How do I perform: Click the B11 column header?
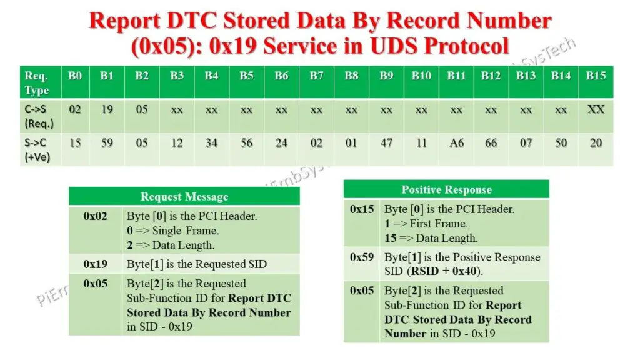[456, 76]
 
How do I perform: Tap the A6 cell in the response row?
[456, 143]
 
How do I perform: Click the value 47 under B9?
[386, 143]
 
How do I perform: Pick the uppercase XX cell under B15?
[596, 109]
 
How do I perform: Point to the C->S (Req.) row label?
[37, 116]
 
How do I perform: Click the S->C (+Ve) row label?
[37, 149]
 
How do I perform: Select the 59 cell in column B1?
[107, 143]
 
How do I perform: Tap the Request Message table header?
[184, 197]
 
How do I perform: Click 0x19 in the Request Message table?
[95, 264]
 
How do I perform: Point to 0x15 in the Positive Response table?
[362, 209]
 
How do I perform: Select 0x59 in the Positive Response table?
[362, 257]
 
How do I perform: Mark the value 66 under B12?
[491, 143]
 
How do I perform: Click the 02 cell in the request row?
[75, 109]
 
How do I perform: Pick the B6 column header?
[281, 76]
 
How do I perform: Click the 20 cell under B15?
[596, 143]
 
